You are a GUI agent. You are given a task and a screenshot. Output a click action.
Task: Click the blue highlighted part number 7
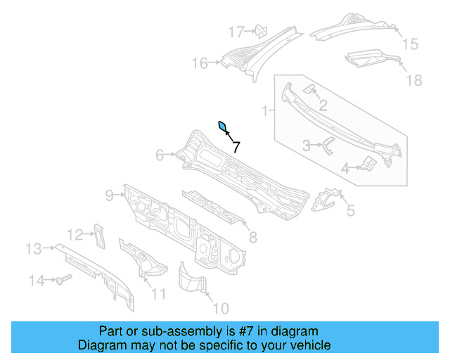point(223,127)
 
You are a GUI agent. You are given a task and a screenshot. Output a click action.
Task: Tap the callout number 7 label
point(236,147)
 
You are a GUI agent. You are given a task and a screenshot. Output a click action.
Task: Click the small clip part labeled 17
point(259,30)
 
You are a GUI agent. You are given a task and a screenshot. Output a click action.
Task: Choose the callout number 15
point(409,44)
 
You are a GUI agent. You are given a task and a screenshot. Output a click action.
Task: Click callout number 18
point(414,80)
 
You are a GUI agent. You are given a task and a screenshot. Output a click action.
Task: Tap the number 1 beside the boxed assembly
point(265,110)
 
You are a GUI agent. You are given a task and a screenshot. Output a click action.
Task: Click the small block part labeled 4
point(367,165)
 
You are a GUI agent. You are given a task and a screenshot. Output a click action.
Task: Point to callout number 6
point(160,155)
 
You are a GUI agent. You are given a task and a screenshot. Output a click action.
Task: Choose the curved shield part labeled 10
point(191,279)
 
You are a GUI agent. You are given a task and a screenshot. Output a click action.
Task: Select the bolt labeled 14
point(61,280)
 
